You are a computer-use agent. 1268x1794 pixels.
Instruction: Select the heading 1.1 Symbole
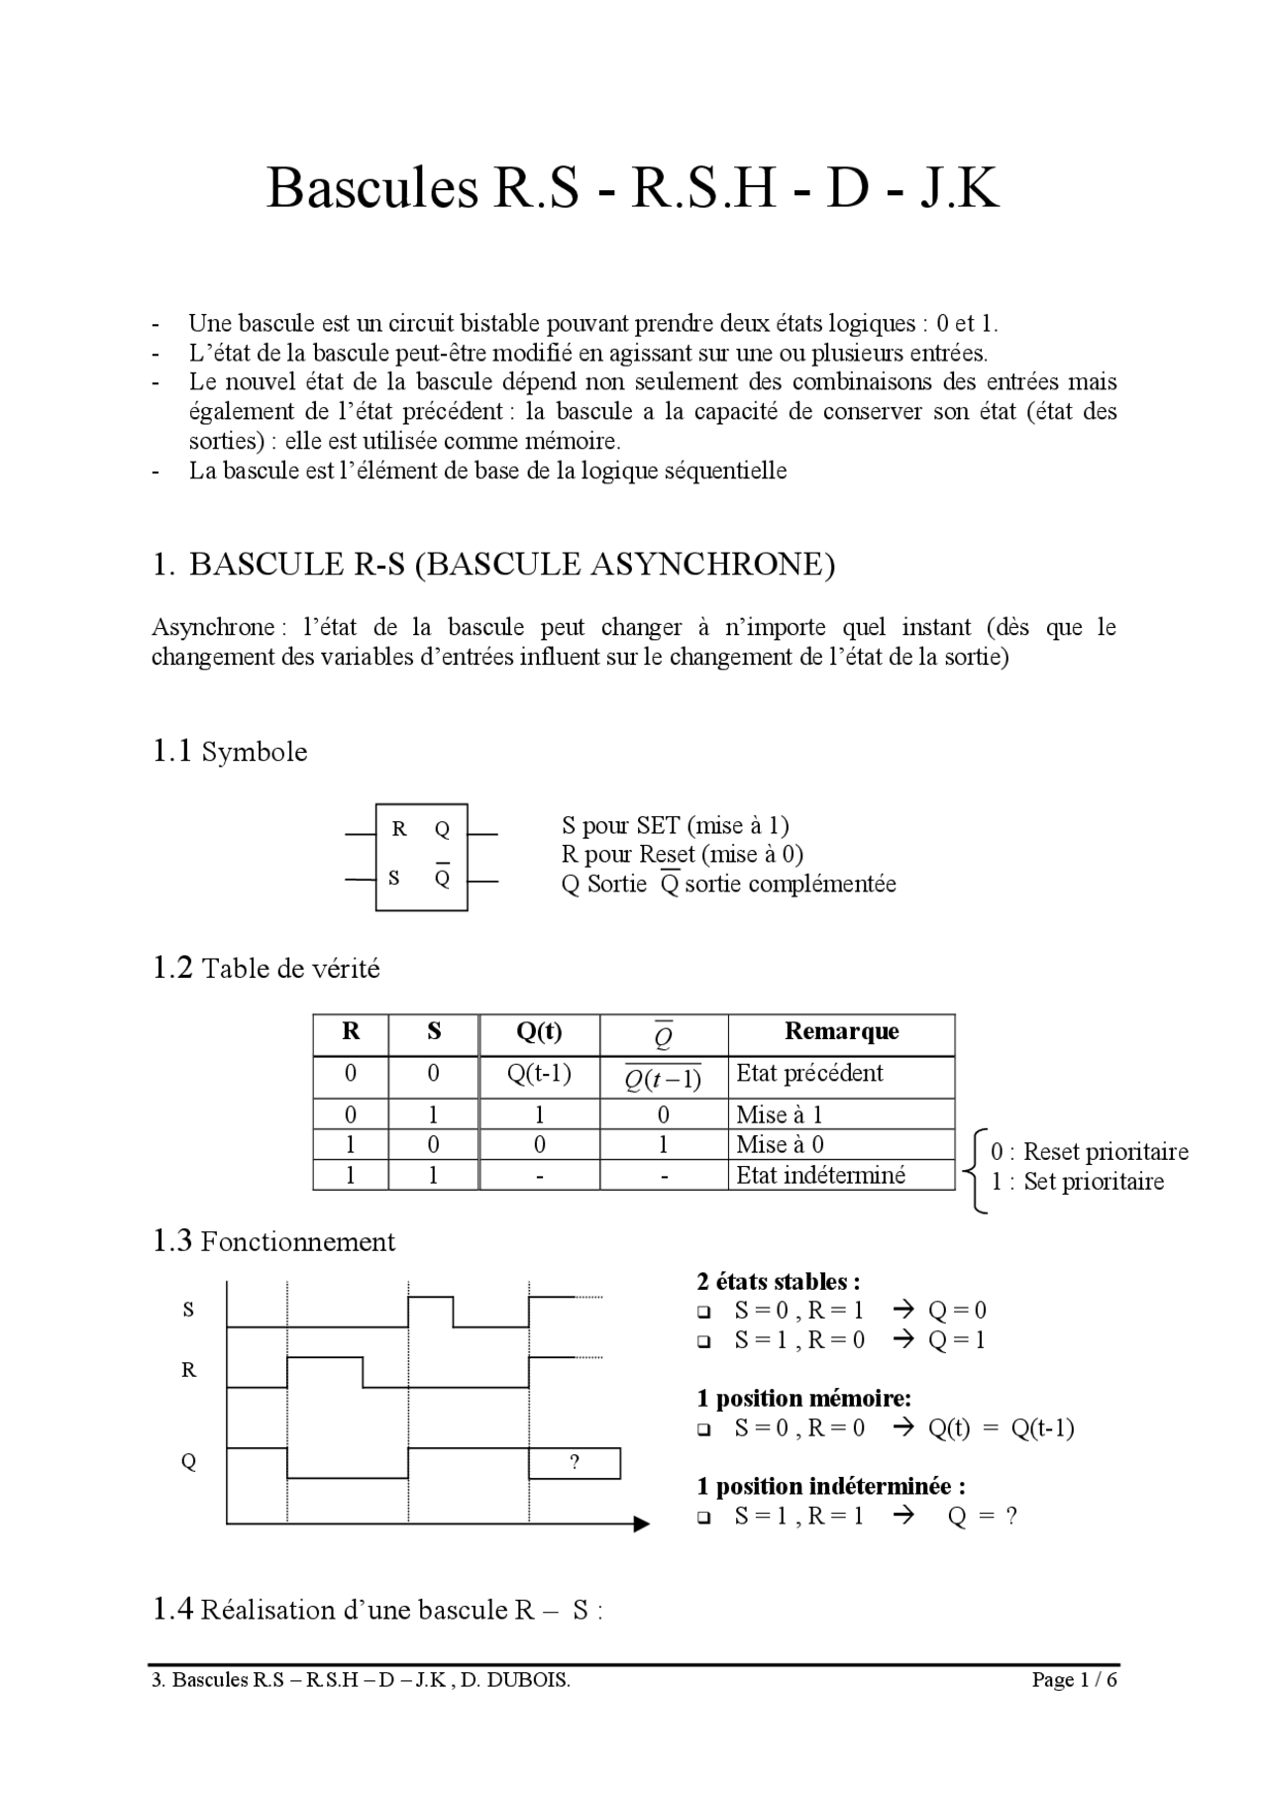point(229,752)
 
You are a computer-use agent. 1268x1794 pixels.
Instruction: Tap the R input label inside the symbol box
point(399,829)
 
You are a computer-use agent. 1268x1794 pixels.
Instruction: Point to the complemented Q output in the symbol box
point(442,877)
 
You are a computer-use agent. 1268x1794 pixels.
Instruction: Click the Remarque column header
point(841,1031)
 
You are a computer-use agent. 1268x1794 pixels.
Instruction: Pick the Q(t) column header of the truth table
point(539,1031)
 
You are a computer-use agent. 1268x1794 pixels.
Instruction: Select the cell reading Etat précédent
point(809,1073)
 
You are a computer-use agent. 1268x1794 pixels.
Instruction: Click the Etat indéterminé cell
point(820,1175)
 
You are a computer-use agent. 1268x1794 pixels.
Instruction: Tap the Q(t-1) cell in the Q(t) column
point(539,1073)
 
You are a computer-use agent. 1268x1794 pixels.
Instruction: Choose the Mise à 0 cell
point(780,1144)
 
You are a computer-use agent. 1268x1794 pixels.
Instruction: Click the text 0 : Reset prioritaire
point(1089,1151)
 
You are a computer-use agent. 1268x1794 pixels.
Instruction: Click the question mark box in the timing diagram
point(575,1463)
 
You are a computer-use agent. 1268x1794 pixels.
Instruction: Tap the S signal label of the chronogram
point(188,1310)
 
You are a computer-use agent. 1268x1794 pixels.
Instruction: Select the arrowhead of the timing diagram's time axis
point(641,1524)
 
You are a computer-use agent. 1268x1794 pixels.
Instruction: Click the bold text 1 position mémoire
point(803,1398)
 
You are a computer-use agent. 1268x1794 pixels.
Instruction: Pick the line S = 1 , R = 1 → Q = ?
point(875,1516)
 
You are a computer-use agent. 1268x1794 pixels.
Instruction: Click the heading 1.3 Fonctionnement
point(273,1241)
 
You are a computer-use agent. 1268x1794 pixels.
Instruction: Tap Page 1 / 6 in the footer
point(1074,1680)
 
